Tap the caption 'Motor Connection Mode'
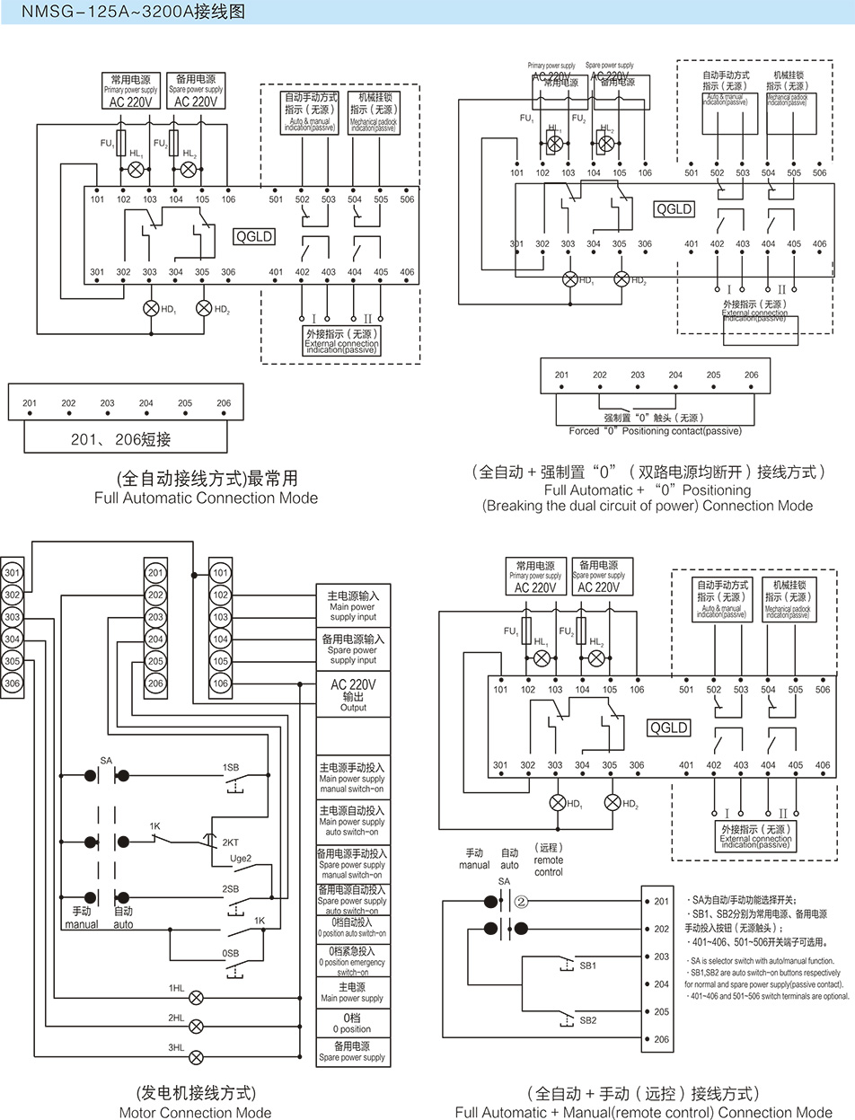pos(195,1112)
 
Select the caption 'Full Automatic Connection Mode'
pos(206,497)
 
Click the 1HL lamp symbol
pos(196,997)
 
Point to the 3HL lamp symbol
pos(196,1056)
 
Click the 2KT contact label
pos(231,842)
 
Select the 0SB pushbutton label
pos(231,953)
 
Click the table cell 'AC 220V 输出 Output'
pos(353,694)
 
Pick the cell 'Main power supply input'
pos(353,605)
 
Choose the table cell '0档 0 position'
pos(352,1022)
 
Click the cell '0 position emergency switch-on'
pos(352,960)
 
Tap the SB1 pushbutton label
pos(588,965)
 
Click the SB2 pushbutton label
pos(588,1020)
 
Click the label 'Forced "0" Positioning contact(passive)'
pos(655,430)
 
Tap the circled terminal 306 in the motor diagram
pos(12,683)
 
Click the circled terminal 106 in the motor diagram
pos(220,683)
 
